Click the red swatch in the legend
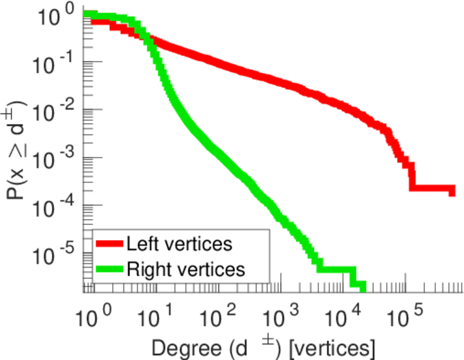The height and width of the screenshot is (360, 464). [x=109, y=244]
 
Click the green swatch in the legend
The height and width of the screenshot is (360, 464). [x=109, y=269]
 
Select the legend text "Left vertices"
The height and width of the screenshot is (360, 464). [x=179, y=244]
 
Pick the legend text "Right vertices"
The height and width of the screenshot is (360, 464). [x=185, y=269]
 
